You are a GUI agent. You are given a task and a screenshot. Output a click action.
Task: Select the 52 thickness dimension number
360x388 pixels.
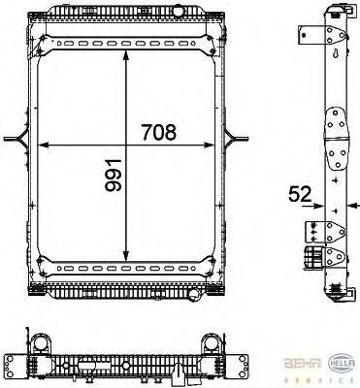[300, 194]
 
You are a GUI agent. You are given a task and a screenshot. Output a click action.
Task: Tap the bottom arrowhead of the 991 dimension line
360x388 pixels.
[127, 259]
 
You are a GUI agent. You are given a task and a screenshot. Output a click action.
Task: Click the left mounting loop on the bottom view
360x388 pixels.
[42, 344]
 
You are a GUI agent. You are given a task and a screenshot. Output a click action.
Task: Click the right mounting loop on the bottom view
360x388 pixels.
[212, 344]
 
